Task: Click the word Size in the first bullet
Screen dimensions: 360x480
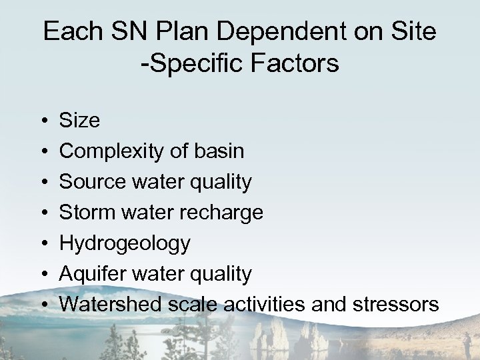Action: tap(80, 121)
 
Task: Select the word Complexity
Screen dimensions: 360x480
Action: tap(109, 151)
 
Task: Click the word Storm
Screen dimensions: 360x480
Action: tap(85, 213)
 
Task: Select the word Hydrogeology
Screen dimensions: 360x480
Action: tap(125, 244)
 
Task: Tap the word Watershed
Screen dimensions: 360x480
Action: tap(109, 305)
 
